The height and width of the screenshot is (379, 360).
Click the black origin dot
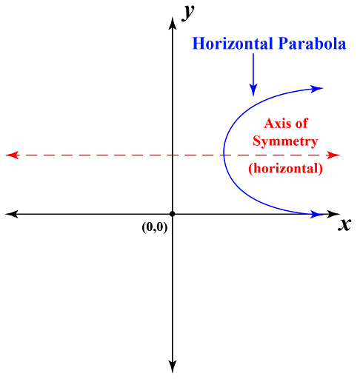[x=173, y=214]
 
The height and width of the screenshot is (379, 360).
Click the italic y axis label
[x=188, y=13]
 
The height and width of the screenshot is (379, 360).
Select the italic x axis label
[x=344, y=224]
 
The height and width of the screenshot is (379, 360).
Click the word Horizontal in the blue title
[x=233, y=44]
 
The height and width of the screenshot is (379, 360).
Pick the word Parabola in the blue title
[x=312, y=44]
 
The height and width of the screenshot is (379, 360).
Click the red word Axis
[x=276, y=124]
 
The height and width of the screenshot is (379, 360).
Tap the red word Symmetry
[x=285, y=141]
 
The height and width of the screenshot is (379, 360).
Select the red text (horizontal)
[x=286, y=169]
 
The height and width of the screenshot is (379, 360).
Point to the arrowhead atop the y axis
[x=173, y=23]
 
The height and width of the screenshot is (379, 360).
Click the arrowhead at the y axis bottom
[x=173, y=366]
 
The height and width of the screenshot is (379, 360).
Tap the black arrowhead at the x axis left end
[x=11, y=214]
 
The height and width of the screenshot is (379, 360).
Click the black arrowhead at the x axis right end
[x=333, y=214]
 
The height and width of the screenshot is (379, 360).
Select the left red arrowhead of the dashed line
[x=12, y=155]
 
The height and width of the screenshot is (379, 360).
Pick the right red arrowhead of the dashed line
[x=333, y=155]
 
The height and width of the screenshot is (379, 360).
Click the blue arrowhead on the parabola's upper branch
[x=316, y=89]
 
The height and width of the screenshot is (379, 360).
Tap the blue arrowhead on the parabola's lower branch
[x=316, y=214]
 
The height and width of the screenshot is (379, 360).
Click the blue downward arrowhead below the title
[x=253, y=90]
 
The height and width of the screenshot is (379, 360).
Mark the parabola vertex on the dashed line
[x=224, y=155]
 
